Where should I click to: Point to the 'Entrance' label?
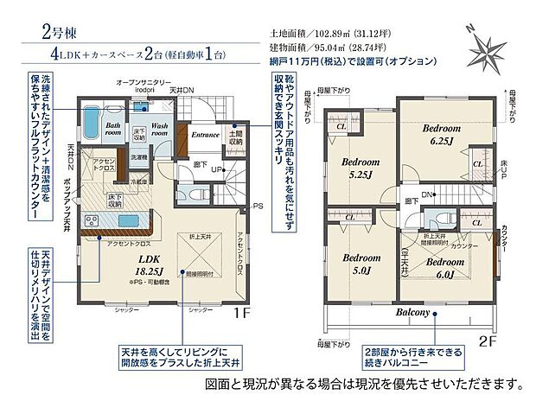[205, 135]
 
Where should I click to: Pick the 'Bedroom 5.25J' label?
[359, 168]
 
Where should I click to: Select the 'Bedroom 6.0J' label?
[445, 266]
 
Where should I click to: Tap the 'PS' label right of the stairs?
[257, 206]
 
